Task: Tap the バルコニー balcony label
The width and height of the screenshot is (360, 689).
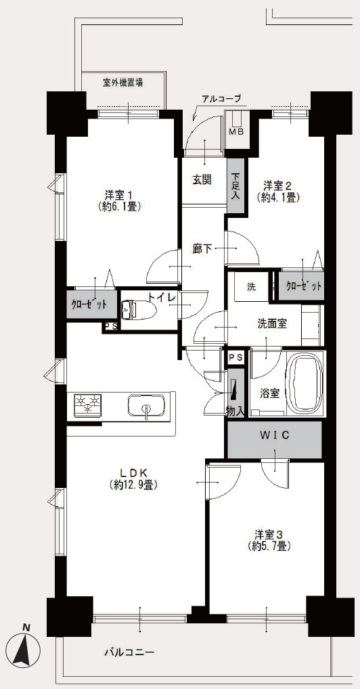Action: [129, 652]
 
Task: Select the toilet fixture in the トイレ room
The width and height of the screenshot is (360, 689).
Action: [137, 310]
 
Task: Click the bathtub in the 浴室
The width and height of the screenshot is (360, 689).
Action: [307, 382]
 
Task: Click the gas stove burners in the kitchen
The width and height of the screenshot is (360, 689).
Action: [88, 404]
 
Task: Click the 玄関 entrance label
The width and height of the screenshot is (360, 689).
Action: [202, 180]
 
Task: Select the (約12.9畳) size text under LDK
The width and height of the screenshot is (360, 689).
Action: [133, 485]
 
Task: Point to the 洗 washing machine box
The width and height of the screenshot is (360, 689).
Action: [251, 288]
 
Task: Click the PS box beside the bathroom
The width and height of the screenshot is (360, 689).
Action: [236, 357]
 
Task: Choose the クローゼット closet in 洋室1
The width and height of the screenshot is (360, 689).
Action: [92, 304]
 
